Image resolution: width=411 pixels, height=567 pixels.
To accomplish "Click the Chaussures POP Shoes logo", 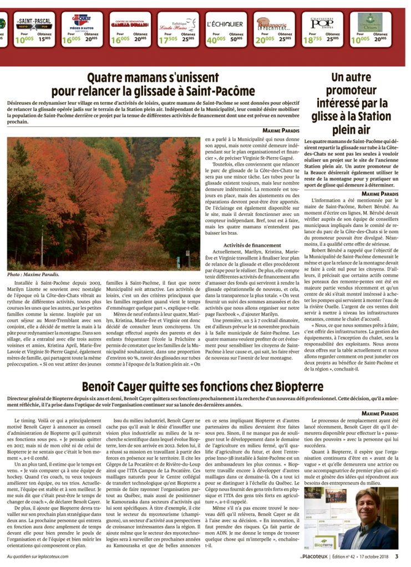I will pyautogui.click(x=322, y=23).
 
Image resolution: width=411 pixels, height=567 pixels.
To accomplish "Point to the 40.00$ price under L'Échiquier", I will pyautogui.click(x=216, y=39).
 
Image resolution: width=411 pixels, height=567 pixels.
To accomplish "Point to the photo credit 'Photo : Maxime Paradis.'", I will pyautogui.click(x=33, y=274).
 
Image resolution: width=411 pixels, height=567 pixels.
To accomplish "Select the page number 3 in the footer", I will pyautogui.click(x=397, y=556).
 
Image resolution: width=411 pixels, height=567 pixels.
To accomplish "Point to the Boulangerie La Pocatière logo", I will pyautogui.click(x=272, y=24).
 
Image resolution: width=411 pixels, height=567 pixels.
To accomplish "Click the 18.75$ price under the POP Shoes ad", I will pyautogui.click(x=312, y=39).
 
